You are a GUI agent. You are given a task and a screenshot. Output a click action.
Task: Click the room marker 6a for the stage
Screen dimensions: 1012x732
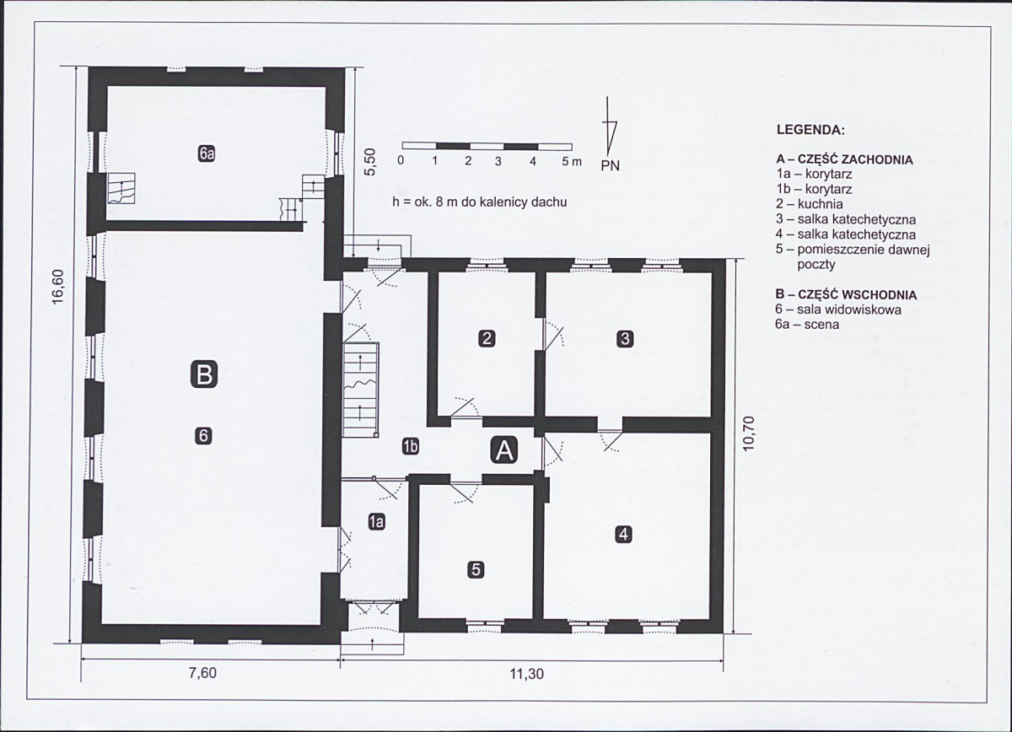pyautogui.click(x=207, y=154)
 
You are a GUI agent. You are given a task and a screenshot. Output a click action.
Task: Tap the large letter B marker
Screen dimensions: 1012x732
pyautogui.click(x=204, y=374)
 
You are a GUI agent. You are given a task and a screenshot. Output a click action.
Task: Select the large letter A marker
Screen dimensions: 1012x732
pyautogui.click(x=504, y=450)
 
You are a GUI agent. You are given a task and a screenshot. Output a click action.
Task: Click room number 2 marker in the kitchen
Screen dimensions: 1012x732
pyautogui.click(x=487, y=339)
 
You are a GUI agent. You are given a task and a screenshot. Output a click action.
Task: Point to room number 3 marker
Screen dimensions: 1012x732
pyautogui.click(x=625, y=339)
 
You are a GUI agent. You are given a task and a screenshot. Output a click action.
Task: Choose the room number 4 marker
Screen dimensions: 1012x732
pyautogui.click(x=623, y=535)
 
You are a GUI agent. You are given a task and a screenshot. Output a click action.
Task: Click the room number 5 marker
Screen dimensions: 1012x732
pyautogui.click(x=476, y=570)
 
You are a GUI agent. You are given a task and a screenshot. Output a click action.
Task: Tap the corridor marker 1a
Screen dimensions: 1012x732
pyautogui.click(x=376, y=522)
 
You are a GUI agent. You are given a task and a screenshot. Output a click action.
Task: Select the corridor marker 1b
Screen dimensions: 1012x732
pyautogui.click(x=411, y=446)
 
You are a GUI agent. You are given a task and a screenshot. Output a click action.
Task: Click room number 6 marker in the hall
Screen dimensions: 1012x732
pyautogui.click(x=203, y=436)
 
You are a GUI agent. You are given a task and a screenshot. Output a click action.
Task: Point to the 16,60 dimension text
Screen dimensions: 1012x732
pyautogui.click(x=58, y=288)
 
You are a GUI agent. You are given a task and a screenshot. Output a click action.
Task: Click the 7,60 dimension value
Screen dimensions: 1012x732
pyautogui.click(x=203, y=673)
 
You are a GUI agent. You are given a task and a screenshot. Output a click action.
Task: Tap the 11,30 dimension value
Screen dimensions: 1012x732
pyautogui.click(x=527, y=674)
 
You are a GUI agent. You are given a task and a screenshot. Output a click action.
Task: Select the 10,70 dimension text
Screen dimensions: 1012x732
pyautogui.click(x=749, y=433)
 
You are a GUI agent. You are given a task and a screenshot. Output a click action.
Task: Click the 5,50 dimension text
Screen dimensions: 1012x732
pyautogui.click(x=369, y=162)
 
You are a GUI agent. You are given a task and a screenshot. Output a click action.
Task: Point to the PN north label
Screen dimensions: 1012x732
pyautogui.click(x=610, y=166)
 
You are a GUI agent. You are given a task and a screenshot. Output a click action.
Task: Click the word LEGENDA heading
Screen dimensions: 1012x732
pyautogui.click(x=810, y=130)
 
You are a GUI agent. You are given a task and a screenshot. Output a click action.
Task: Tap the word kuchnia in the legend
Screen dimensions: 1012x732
pyautogui.click(x=820, y=204)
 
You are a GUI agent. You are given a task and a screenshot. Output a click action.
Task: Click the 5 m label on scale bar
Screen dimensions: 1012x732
pyautogui.click(x=572, y=161)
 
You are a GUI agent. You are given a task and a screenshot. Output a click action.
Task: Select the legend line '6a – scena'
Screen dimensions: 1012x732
pyautogui.click(x=807, y=325)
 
